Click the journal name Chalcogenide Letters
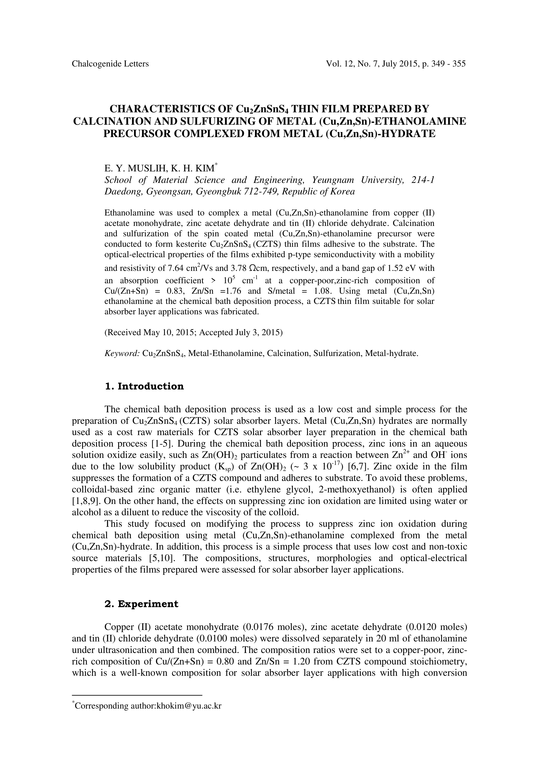(x=110, y=64)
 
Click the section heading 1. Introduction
(x=144, y=386)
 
